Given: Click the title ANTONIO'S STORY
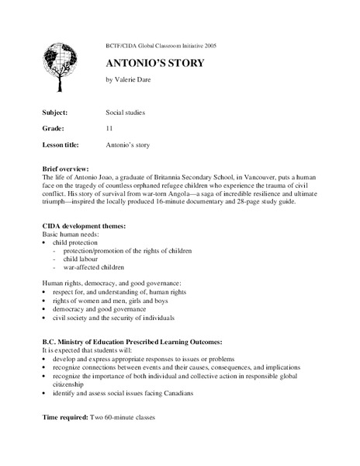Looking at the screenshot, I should tap(155, 63).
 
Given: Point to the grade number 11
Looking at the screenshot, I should tap(109, 127).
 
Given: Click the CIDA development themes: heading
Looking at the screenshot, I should tap(82, 225).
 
